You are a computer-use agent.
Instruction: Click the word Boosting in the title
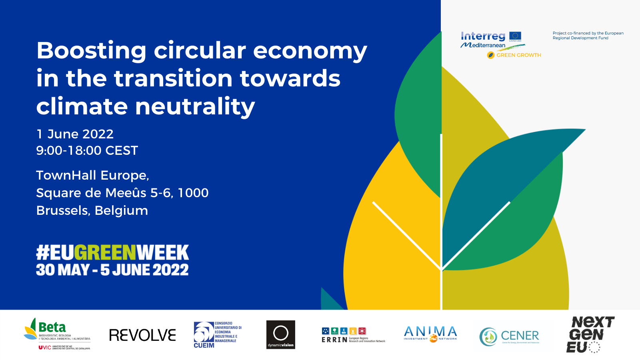tap(91, 51)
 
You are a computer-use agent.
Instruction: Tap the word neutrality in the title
tap(195, 106)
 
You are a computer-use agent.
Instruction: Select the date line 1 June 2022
tap(75, 134)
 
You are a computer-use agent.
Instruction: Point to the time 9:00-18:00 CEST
tap(87, 151)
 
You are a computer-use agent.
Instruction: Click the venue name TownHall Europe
tap(92, 176)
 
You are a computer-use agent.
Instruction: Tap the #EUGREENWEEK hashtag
tap(112, 252)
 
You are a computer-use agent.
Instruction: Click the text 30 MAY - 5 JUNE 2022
tap(112, 270)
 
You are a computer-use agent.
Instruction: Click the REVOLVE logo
tap(142, 335)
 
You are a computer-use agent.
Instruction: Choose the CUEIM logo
tap(217, 335)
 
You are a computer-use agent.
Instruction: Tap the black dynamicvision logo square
tap(281, 335)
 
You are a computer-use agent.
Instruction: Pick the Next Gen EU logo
tap(590, 334)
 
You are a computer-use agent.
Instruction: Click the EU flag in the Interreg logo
tap(515, 36)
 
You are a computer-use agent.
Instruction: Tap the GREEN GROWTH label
tap(518, 55)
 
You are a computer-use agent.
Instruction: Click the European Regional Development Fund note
tap(588, 36)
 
